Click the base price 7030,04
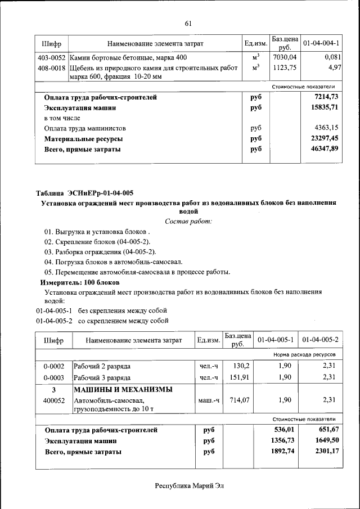pyautogui.click(x=284, y=57)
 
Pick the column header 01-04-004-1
pyautogui.click(x=321, y=43)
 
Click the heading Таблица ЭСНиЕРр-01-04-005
pyautogui.click(x=84, y=193)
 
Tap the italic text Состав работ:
pyautogui.click(x=188, y=222)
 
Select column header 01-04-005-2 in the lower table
pyautogui.click(x=320, y=340)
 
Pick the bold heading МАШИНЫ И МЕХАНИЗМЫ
pyautogui.click(x=123, y=389)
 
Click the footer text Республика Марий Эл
pyautogui.click(x=189, y=485)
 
